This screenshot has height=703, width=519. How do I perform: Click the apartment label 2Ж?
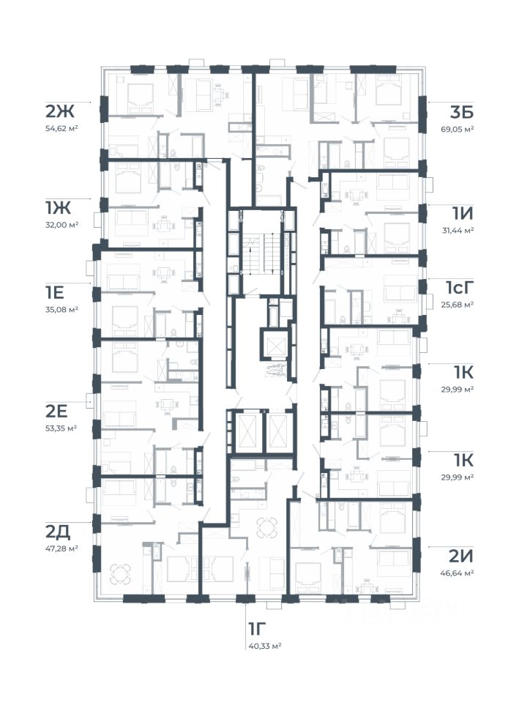coord(59,111)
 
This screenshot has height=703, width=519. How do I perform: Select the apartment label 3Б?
coord(462,112)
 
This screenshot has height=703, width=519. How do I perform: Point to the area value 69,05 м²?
coord(458,129)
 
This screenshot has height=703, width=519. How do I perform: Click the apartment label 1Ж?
coord(58,207)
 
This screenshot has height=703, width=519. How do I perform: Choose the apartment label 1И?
coord(462,213)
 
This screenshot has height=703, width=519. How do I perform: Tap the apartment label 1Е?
coord(55,292)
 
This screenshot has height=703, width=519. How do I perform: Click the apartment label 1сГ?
coord(460,287)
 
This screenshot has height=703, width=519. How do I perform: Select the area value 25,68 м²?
coord(458,305)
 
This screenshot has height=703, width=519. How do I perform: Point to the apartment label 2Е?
coord(56,411)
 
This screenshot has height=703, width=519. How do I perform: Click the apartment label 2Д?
coord(58,532)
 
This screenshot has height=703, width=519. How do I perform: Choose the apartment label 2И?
coord(460,556)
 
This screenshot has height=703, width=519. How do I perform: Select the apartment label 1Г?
coord(257,628)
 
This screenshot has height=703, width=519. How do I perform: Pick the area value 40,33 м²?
coord(265,646)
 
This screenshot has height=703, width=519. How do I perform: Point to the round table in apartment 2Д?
coord(121,573)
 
